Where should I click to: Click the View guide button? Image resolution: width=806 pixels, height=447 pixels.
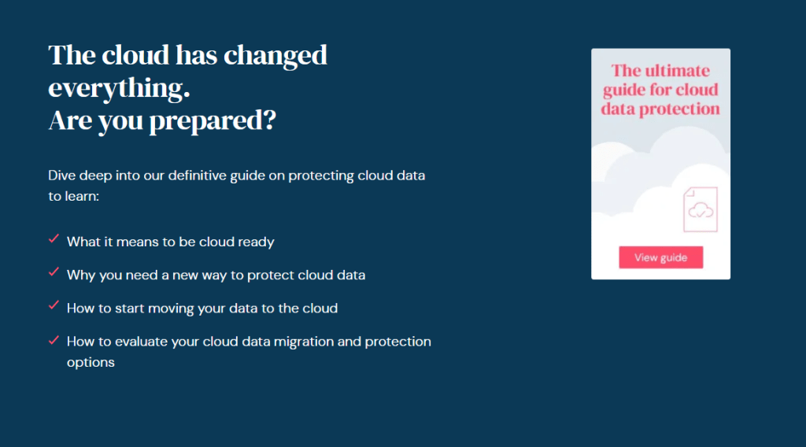(x=660, y=257)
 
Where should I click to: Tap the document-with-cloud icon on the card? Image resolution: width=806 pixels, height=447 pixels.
(x=700, y=209)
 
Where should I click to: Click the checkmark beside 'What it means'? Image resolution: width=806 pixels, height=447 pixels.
(x=54, y=239)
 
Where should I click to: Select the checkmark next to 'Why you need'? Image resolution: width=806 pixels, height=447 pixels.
(x=54, y=272)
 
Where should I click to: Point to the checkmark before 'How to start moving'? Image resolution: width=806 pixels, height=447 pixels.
(x=54, y=305)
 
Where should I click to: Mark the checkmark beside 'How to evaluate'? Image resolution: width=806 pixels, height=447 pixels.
(x=54, y=340)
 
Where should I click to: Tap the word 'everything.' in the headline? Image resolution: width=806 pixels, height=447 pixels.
(x=120, y=88)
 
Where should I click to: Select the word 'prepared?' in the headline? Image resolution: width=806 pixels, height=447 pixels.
(x=213, y=121)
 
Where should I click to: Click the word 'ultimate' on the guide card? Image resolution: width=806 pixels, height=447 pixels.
(x=678, y=70)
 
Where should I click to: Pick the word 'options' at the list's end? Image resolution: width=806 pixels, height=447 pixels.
(x=91, y=363)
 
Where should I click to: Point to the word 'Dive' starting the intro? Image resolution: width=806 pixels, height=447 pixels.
(x=61, y=175)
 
